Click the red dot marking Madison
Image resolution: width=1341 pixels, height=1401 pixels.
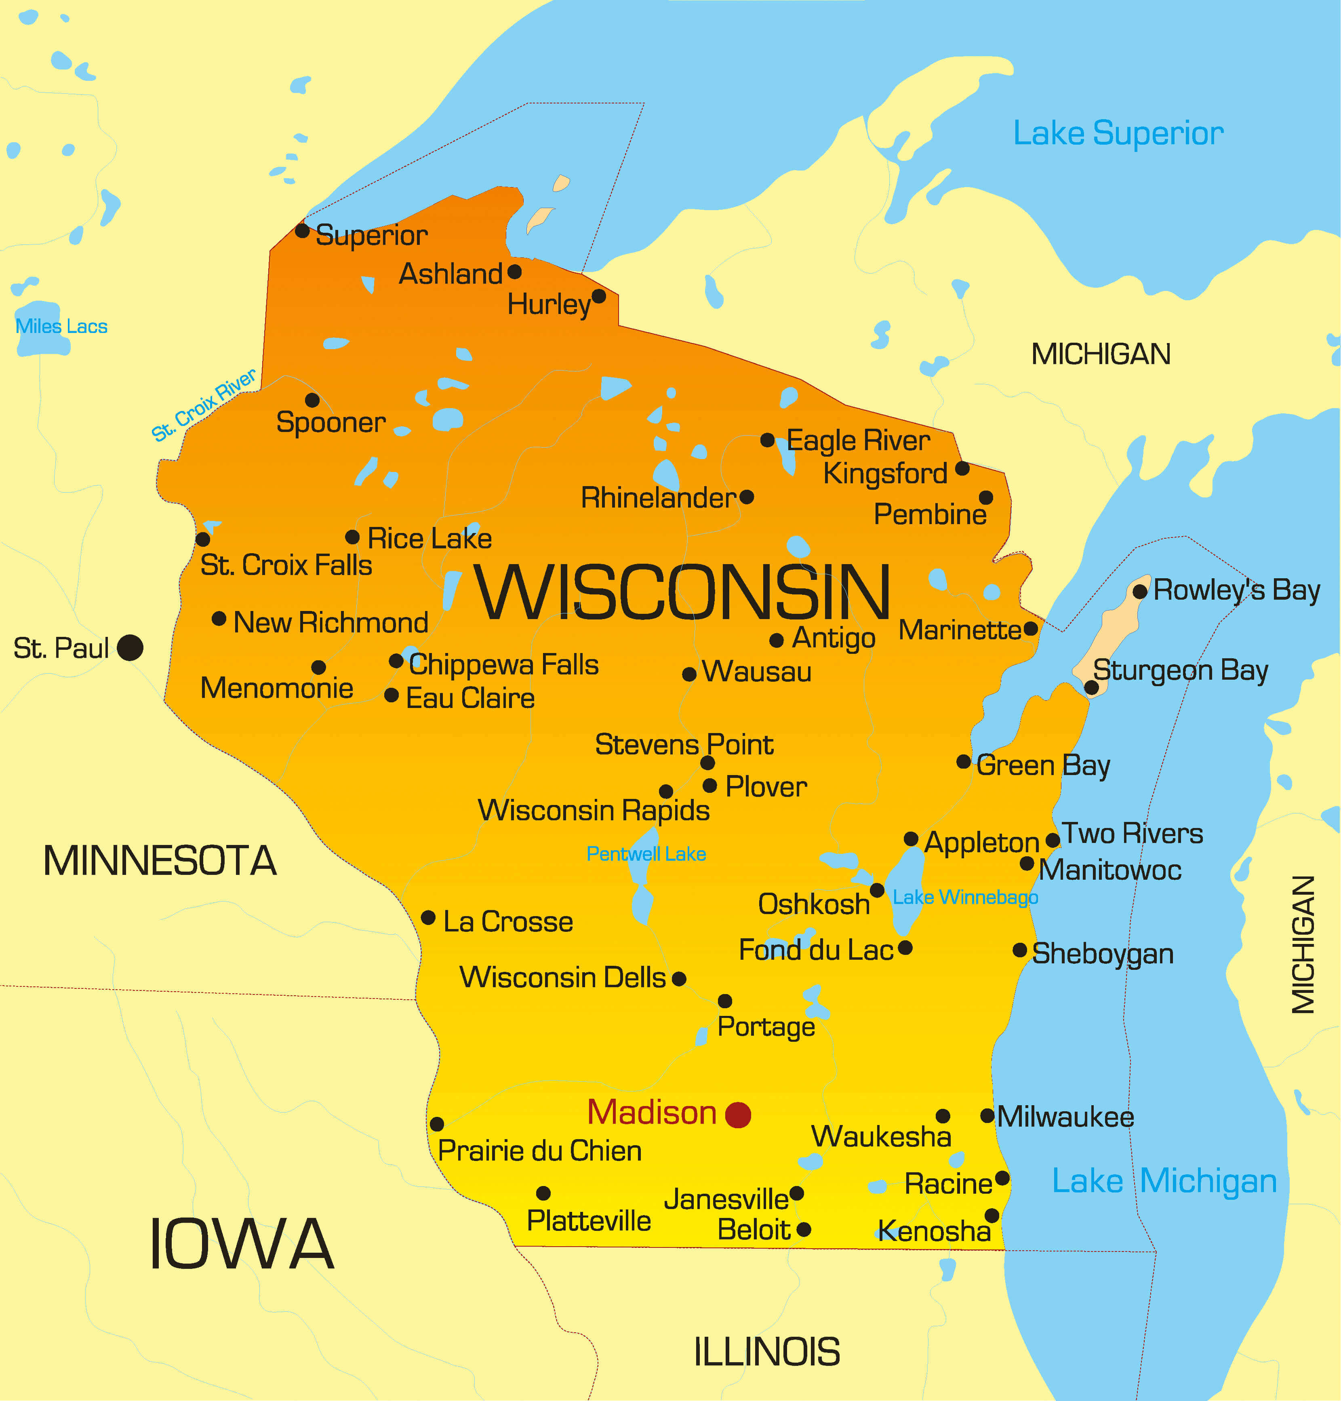(738, 1114)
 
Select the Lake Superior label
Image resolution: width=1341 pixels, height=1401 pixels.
(1118, 134)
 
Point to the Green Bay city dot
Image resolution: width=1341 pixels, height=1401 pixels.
(964, 762)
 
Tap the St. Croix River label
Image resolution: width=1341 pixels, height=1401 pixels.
(204, 405)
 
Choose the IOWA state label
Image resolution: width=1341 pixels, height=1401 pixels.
(242, 1245)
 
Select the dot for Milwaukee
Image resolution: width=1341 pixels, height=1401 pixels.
(987, 1116)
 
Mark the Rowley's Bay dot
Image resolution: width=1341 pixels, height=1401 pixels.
(1140, 591)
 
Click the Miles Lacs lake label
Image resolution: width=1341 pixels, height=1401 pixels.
(61, 327)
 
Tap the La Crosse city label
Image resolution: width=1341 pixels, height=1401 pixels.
(507, 922)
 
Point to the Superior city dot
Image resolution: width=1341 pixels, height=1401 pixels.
(302, 231)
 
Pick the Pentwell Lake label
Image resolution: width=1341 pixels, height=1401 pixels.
(646, 854)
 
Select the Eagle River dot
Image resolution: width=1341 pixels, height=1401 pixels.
(767, 440)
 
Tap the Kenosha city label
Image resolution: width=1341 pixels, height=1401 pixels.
(934, 1232)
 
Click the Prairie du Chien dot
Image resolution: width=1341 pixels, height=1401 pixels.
(437, 1124)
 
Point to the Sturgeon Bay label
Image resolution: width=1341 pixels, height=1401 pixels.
(1180, 670)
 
